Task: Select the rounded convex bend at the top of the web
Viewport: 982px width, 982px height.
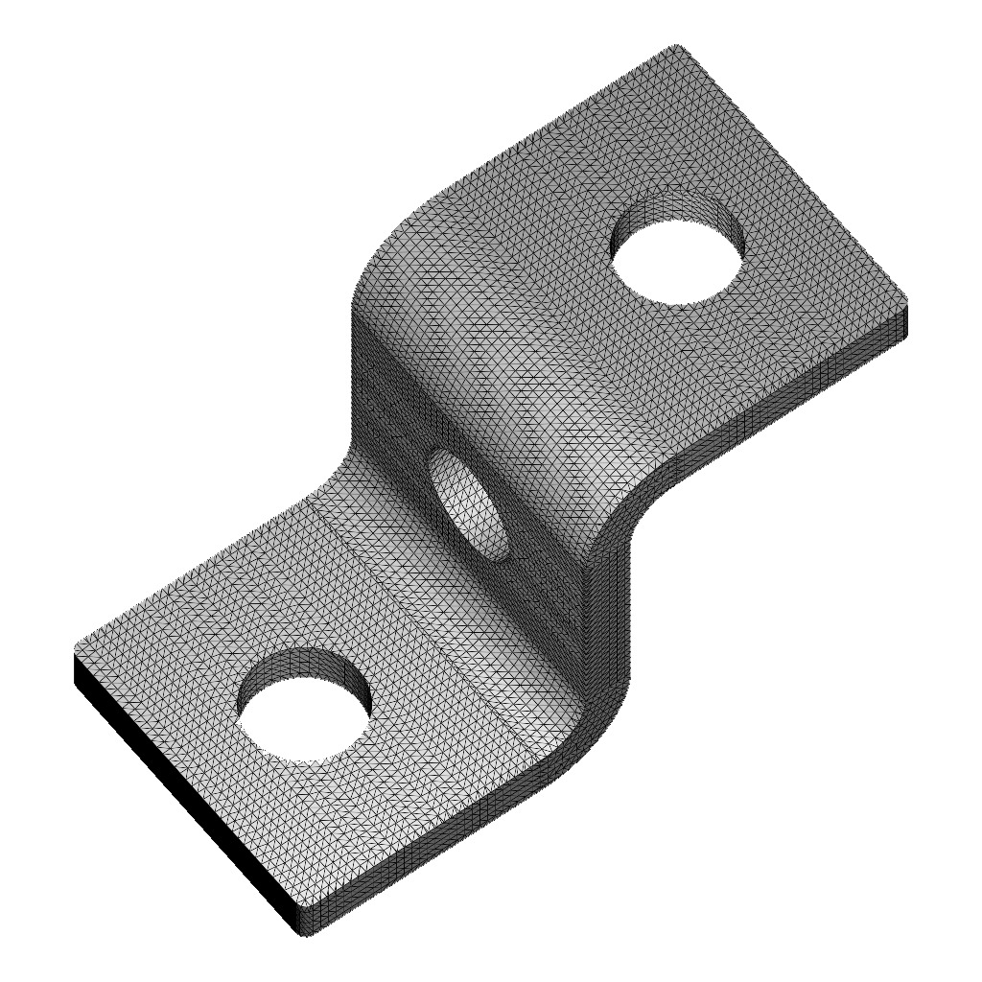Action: (x=403, y=278)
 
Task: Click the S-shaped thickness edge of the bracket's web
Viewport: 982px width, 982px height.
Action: (x=609, y=595)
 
